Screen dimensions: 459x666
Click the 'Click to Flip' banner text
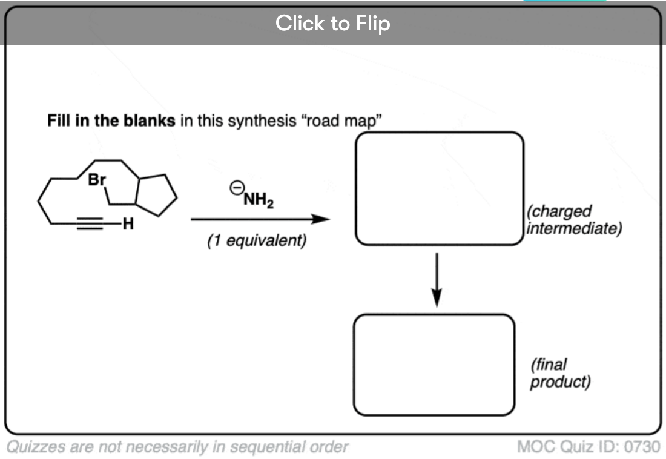332,24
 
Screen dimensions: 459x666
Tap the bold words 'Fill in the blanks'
111,120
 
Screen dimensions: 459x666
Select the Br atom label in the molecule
97,180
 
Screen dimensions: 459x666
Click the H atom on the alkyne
127,225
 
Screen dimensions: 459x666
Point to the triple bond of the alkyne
94,225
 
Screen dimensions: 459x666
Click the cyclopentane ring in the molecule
157,196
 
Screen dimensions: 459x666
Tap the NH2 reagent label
258,199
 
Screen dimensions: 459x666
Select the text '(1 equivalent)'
257,241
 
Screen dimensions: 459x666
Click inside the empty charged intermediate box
439,188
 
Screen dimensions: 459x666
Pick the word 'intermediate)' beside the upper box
574,229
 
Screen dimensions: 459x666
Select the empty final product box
434,365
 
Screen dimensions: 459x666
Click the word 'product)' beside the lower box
560,382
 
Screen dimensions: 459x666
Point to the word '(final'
549,365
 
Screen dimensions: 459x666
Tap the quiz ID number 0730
642,447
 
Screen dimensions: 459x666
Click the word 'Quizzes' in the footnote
35,447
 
